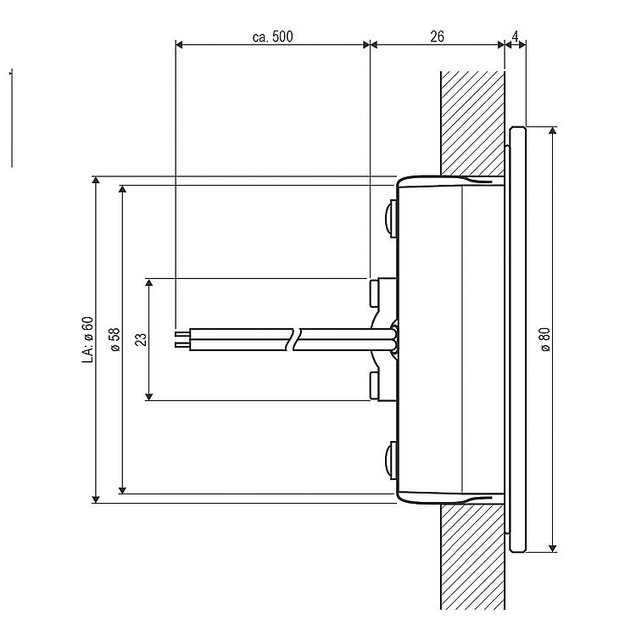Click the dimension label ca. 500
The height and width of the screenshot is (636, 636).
point(272,36)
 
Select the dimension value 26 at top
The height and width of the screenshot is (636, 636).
point(437,36)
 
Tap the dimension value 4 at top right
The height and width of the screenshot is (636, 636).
point(515,36)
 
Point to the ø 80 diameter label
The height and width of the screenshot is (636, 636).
point(545,339)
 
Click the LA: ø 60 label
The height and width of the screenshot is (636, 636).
point(88,339)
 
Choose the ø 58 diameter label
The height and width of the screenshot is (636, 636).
point(114,339)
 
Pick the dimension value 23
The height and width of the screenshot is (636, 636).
point(141,339)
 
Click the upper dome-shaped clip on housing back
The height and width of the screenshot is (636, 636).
point(391,218)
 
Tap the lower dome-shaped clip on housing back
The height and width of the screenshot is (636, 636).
point(391,460)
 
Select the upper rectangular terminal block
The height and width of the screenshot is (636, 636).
point(383,292)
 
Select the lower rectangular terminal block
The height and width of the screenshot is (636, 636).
point(383,387)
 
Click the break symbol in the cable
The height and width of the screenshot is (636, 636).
point(294,339)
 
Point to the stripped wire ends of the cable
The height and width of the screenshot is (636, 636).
point(182,339)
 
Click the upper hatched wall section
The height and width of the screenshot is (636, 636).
point(472,124)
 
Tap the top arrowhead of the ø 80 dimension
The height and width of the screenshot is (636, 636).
point(552,131)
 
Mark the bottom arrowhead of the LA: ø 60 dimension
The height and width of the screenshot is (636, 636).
point(96,499)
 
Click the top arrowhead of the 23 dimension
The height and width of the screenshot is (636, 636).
point(149,282)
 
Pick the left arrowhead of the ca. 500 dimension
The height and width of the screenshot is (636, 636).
point(180,44)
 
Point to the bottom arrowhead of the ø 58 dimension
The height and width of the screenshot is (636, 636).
point(122,490)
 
